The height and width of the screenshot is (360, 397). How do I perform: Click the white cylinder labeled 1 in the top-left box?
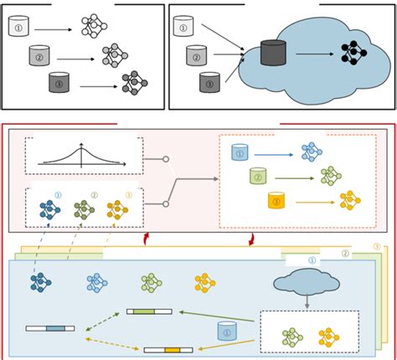(18, 27)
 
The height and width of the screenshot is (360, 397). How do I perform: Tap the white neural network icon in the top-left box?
(94, 27)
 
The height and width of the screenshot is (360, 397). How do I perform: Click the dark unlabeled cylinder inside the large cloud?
(273, 53)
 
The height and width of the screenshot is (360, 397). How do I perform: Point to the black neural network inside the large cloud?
(353, 53)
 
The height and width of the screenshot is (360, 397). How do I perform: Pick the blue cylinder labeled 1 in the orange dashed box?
(240, 152)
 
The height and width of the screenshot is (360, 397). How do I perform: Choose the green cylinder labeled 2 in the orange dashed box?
(258, 176)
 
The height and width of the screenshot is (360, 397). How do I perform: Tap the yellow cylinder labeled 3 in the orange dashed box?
(276, 200)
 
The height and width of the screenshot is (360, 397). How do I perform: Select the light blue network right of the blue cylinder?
(312, 152)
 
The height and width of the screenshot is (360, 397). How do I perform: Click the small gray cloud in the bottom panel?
(307, 283)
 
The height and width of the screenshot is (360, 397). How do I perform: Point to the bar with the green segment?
(149, 311)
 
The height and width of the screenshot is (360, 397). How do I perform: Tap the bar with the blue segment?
(49, 328)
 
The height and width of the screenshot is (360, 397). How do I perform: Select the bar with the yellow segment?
(168, 350)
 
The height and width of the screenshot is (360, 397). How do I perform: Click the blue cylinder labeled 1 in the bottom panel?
(227, 331)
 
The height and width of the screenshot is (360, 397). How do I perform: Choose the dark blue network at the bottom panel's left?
(40, 283)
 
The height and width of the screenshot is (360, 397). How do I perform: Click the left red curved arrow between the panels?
(146, 239)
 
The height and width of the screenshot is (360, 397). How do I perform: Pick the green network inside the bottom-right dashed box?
(291, 337)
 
